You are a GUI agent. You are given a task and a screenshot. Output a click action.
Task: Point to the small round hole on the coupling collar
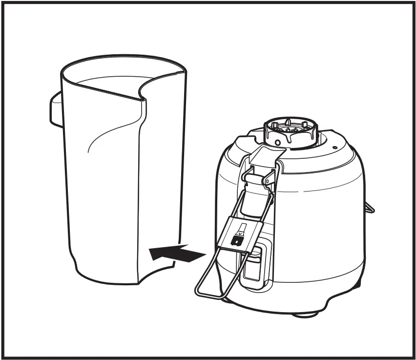[x=278, y=142]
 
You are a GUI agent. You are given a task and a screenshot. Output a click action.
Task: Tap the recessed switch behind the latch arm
[x=254, y=264]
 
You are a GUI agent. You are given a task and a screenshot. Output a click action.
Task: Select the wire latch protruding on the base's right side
[x=370, y=207]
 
